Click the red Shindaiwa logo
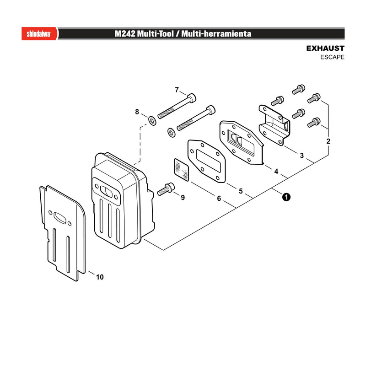pyautogui.click(x=39, y=34)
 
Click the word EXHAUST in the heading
pyautogui.click(x=325, y=48)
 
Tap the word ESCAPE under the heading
pyautogui.click(x=332, y=57)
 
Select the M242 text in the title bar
pyautogui.click(x=125, y=34)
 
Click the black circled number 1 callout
pyautogui.click(x=286, y=197)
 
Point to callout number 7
pyautogui.click(x=177, y=90)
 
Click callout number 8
pyautogui.click(x=137, y=112)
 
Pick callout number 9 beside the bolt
pyautogui.click(x=183, y=198)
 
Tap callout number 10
pyautogui.click(x=100, y=277)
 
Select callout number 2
pyautogui.click(x=328, y=141)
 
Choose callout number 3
pyautogui.click(x=301, y=156)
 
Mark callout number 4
pyautogui.click(x=276, y=172)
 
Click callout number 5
pyautogui.click(x=241, y=191)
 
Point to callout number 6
pyautogui.click(x=219, y=199)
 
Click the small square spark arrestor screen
pyautogui.click(x=182, y=170)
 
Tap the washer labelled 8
pyautogui.click(x=152, y=121)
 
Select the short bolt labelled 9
pyautogui.click(x=166, y=189)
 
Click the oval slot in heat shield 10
pyautogui.click(x=60, y=218)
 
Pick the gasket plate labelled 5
pyautogui.click(x=207, y=161)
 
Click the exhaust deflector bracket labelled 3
pyautogui.click(x=274, y=125)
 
